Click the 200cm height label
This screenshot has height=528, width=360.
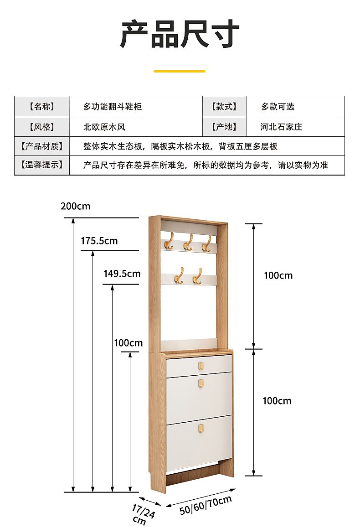pyautogui.click(x=75, y=206)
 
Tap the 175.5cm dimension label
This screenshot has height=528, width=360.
pyautogui.click(x=99, y=241)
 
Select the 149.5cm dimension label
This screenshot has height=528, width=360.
pyautogui.click(x=122, y=274)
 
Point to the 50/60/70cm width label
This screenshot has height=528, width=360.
pyautogui.click(x=206, y=506)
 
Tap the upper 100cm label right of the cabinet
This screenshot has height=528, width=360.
pyautogui.click(x=278, y=275)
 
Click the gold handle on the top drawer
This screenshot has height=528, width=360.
pyautogui.click(x=201, y=365)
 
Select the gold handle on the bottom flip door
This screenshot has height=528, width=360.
pyautogui.click(x=201, y=428)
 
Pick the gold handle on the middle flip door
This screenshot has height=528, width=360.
pyautogui.click(x=201, y=383)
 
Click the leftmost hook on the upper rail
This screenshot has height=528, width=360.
pyautogui.click(x=169, y=242)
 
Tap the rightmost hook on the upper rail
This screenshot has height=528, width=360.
pyautogui.click(x=206, y=243)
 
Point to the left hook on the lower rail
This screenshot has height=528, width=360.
pyautogui.click(x=179, y=275)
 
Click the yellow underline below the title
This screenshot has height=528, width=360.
pyautogui.click(x=180, y=72)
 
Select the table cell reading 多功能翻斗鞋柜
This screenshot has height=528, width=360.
pyautogui.click(x=113, y=107)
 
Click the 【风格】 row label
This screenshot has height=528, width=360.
pyautogui.click(x=42, y=127)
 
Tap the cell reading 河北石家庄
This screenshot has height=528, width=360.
pyautogui.click(x=281, y=127)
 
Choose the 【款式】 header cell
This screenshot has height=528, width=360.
pyautogui.click(x=224, y=107)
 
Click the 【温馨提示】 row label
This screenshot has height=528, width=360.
pyautogui.click(x=42, y=165)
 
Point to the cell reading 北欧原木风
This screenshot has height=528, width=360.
pyautogui.click(x=104, y=127)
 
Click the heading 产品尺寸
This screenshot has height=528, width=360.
pyautogui.click(x=180, y=34)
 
